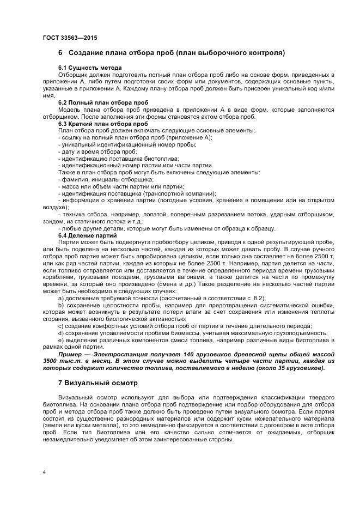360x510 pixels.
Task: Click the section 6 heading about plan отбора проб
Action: coord(172,53)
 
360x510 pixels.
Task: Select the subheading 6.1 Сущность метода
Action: coord(86,68)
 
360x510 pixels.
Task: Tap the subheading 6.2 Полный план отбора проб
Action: coord(99,102)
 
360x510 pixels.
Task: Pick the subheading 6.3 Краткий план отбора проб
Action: coord(99,124)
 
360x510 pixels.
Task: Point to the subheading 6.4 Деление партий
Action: coord(87,235)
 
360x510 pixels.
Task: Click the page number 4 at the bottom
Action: coord(44,471)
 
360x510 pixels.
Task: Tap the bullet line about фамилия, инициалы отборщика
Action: coord(106,179)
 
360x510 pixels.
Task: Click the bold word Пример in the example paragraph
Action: coord(70,355)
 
